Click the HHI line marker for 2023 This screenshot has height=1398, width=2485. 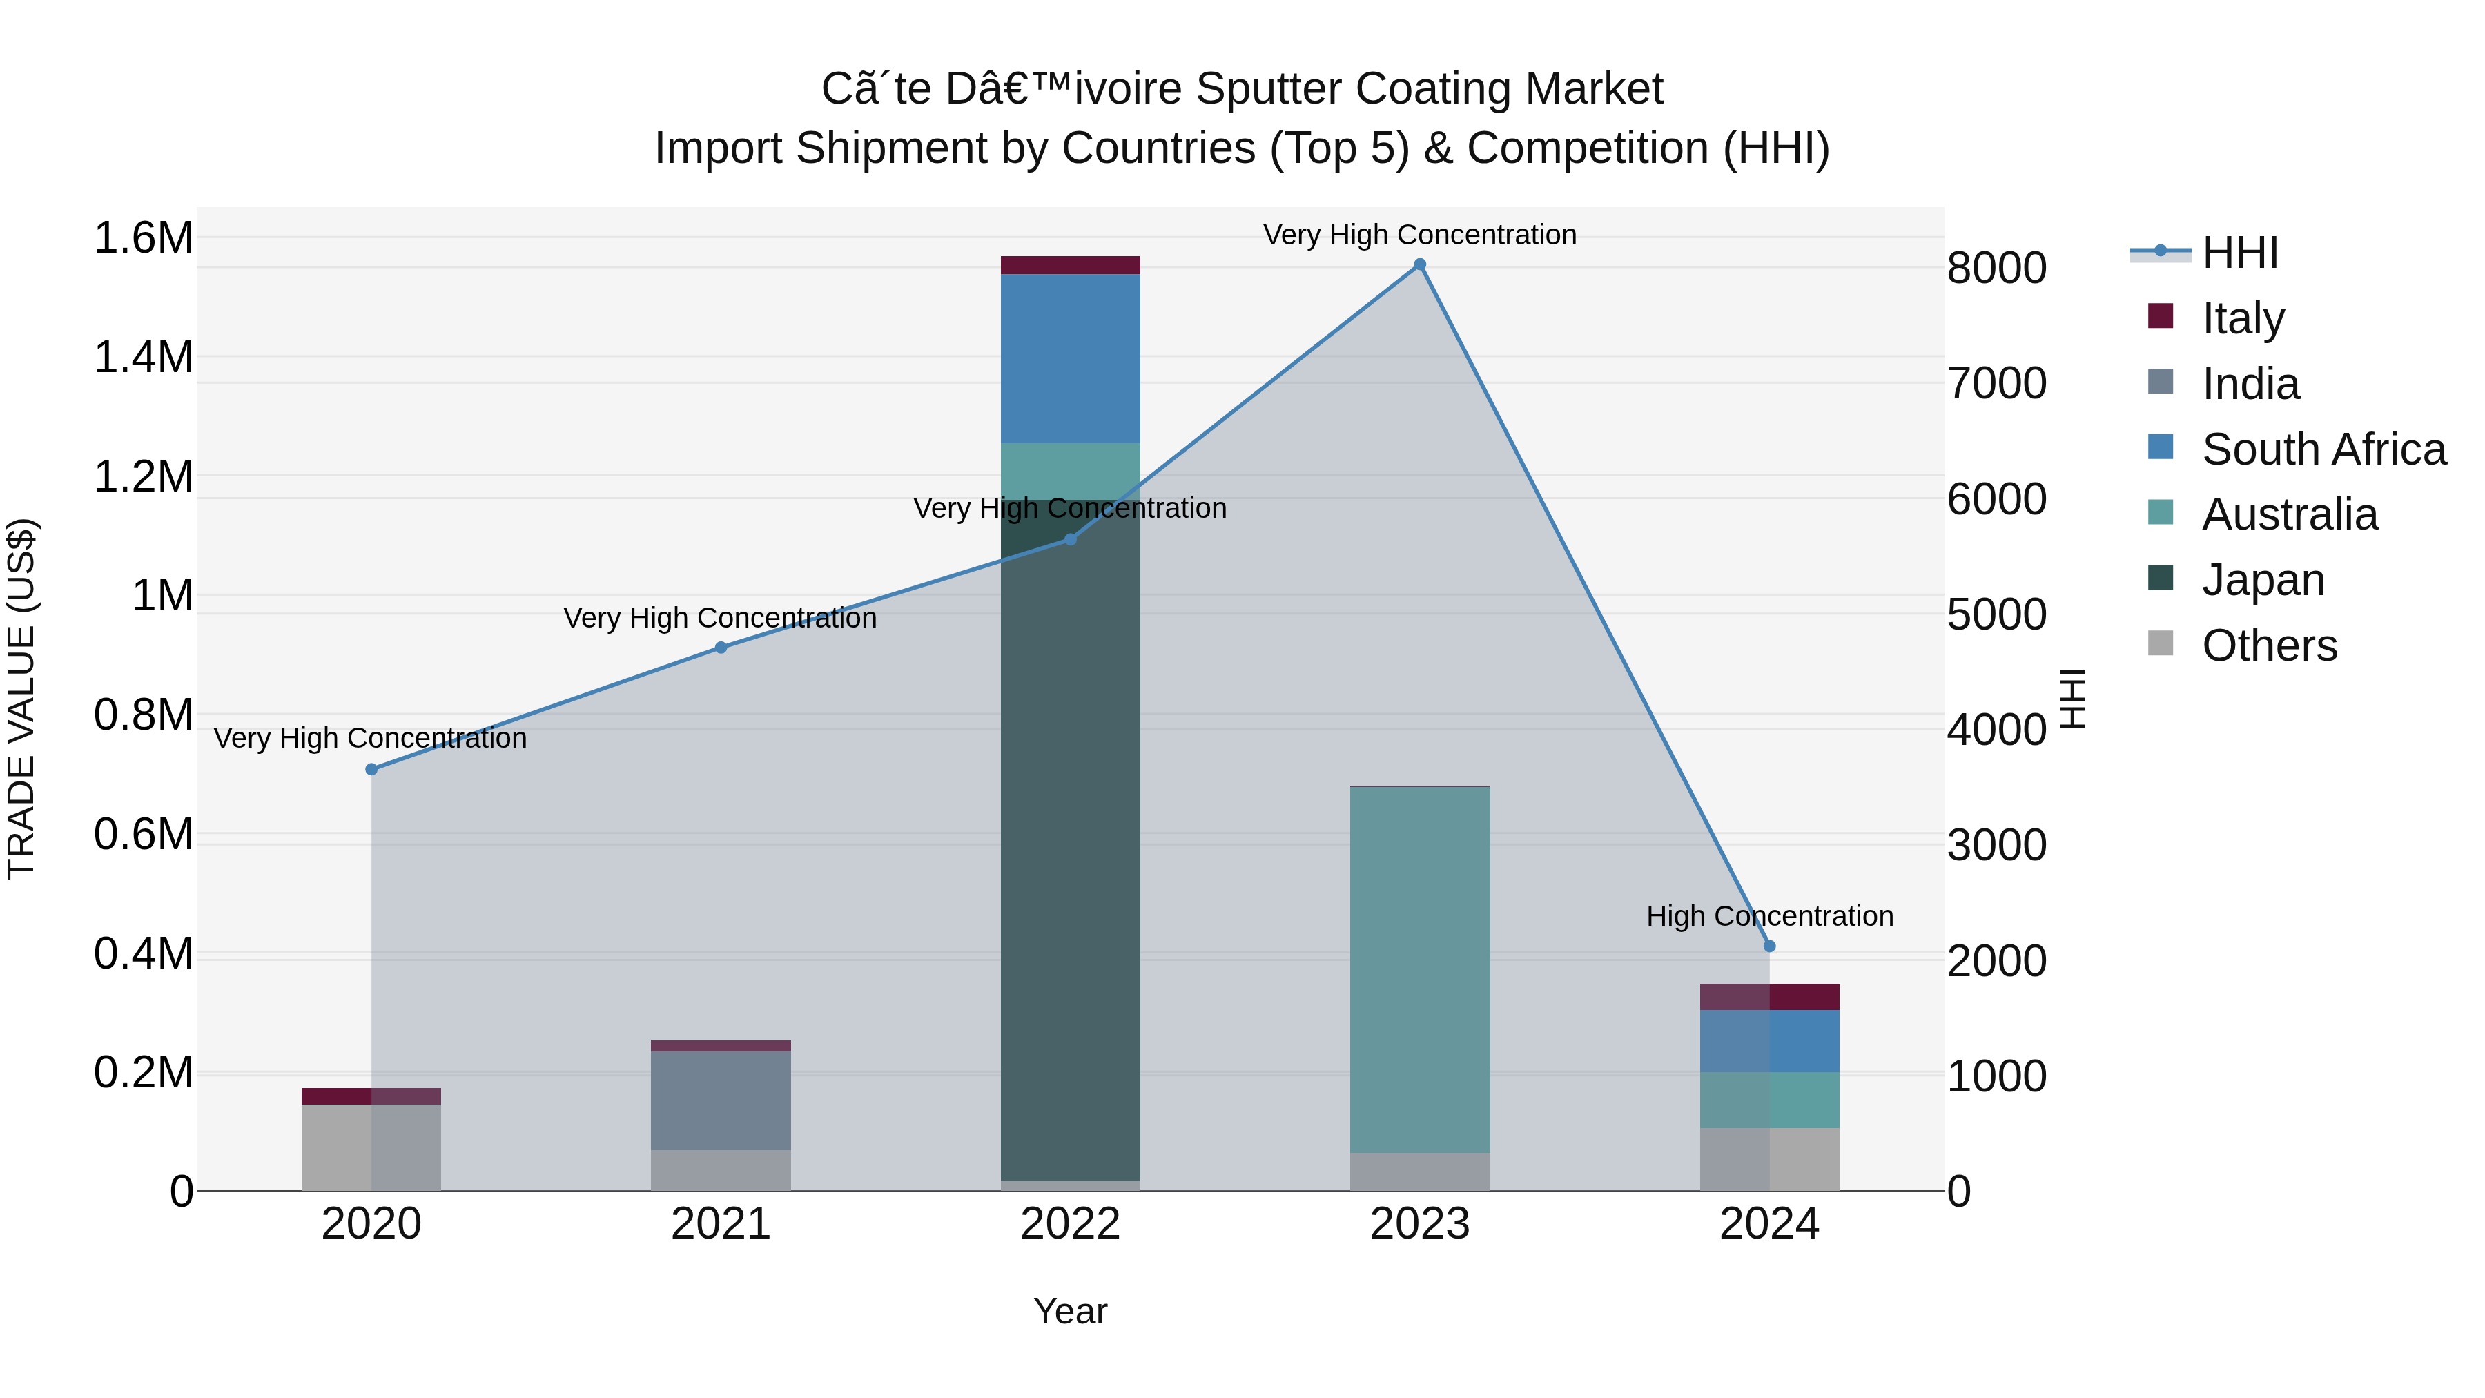(x=1419, y=264)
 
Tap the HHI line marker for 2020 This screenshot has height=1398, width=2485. (x=371, y=769)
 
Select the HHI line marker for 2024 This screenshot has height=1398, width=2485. (x=1769, y=946)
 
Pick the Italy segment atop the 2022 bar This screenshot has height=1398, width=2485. (x=1070, y=265)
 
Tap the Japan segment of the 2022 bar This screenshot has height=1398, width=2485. (x=1070, y=839)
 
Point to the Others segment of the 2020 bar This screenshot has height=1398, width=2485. (x=371, y=1147)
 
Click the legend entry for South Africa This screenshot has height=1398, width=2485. (x=2323, y=449)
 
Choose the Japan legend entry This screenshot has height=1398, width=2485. (x=2262, y=580)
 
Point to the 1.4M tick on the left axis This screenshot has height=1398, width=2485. (x=143, y=358)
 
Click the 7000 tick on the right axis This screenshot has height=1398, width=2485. (x=1996, y=383)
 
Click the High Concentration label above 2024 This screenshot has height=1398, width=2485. (x=1769, y=915)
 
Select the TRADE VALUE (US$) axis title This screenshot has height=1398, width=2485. (x=21, y=699)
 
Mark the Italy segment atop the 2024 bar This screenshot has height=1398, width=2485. (x=1769, y=997)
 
